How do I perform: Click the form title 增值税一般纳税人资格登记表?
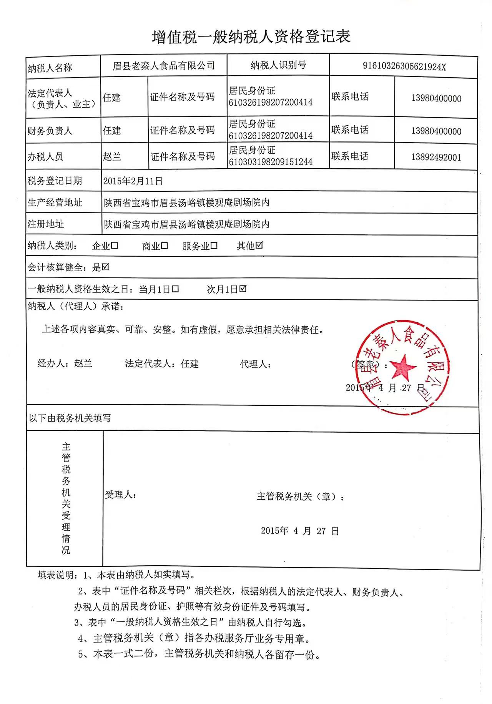click(251, 37)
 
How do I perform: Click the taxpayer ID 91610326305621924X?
click(404, 66)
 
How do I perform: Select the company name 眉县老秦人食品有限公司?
click(163, 66)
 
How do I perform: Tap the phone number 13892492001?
click(436, 158)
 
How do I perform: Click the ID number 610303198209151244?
click(271, 162)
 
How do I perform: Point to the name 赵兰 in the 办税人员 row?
click(112, 156)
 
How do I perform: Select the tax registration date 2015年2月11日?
click(133, 181)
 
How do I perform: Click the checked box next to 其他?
click(259, 245)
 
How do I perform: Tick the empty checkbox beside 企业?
click(114, 245)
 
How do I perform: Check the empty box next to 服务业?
click(214, 245)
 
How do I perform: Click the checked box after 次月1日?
click(243, 289)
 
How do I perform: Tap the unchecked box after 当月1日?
click(175, 289)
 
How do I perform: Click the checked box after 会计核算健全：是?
click(105, 267)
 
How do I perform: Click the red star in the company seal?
click(403, 367)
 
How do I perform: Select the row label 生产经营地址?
click(55, 203)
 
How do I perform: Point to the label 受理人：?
click(120, 495)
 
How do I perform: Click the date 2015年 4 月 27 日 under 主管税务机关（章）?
click(300, 531)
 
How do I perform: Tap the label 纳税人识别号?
click(278, 65)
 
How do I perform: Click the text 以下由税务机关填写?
click(70, 418)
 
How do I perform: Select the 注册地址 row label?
click(46, 224)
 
